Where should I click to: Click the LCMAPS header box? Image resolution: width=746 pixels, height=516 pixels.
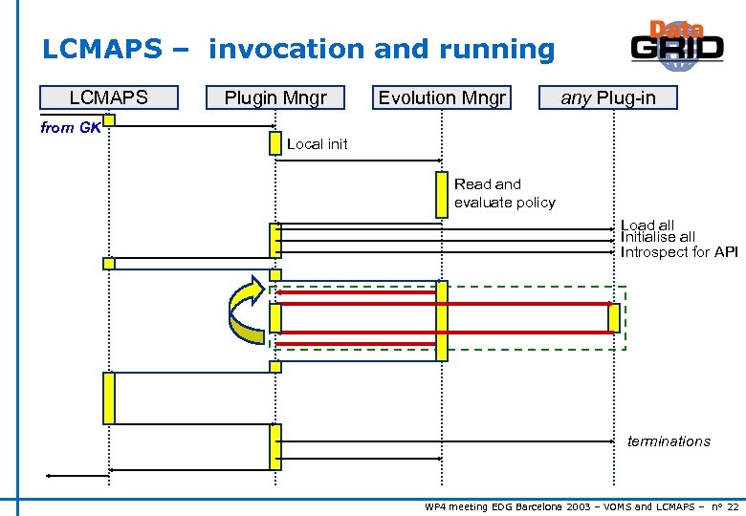pos(108,97)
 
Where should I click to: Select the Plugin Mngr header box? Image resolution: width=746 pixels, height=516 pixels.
pos(275,97)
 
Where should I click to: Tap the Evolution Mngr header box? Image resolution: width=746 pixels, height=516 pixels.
pos(442,97)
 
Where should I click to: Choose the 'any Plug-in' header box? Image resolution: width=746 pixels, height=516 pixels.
pos(608,97)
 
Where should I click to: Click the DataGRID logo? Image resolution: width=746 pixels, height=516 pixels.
pos(676,46)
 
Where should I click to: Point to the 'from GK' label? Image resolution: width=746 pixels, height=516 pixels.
pos(71,128)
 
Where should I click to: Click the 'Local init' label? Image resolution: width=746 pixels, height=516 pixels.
pos(318,144)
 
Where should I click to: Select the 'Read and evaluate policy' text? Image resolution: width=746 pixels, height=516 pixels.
pos(504,193)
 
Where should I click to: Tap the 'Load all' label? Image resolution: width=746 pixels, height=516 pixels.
pos(647,226)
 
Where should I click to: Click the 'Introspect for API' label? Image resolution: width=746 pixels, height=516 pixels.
pos(679,252)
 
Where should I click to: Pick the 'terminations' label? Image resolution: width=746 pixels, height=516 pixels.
pos(669,441)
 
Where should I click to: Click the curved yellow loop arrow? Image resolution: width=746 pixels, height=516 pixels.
pos(247,309)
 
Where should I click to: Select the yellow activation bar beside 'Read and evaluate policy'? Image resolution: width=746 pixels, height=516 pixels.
pos(441,194)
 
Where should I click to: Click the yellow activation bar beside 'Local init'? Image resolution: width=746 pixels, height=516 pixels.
pos(275,142)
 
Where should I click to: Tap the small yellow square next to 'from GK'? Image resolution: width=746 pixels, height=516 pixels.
pos(109,120)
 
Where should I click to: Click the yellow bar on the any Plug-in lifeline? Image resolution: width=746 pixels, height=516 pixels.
pos(613,317)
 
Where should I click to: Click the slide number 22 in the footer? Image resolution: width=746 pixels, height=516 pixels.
pos(733,506)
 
